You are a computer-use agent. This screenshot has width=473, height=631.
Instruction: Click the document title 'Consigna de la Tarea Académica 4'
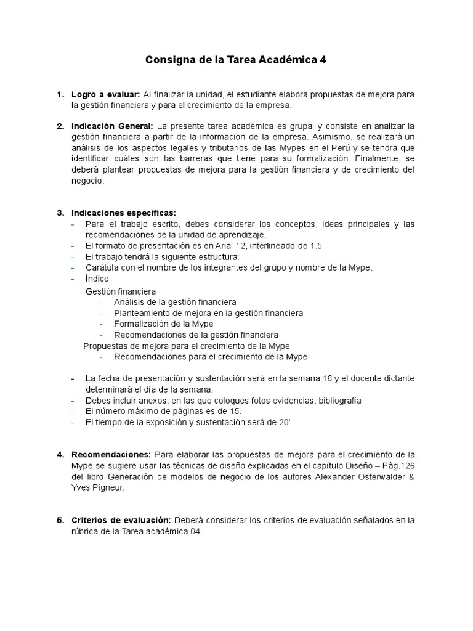(x=236, y=60)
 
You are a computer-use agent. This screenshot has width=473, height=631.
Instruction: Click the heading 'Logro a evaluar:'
(x=105, y=94)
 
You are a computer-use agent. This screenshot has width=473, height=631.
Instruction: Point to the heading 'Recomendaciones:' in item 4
(x=110, y=455)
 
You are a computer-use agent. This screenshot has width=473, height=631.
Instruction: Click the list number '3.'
(x=60, y=213)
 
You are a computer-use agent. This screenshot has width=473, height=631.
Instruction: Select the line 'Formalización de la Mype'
(x=163, y=324)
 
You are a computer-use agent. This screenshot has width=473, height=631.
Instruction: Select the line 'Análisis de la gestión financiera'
(x=175, y=302)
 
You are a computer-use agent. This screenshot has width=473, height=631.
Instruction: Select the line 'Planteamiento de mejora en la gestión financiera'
(x=208, y=313)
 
